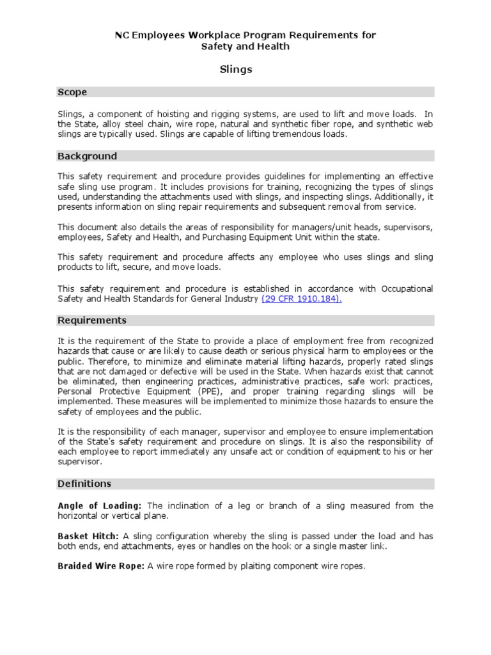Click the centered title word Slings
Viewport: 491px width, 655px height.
(x=236, y=70)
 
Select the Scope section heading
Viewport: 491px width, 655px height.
(x=72, y=92)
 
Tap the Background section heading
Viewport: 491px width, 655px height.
(x=88, y=156)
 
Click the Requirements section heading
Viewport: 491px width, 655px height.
(x=92, y=320)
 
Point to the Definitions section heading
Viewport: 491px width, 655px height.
(x=84, y=484)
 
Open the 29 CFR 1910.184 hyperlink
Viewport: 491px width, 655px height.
(x=302, y=299)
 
